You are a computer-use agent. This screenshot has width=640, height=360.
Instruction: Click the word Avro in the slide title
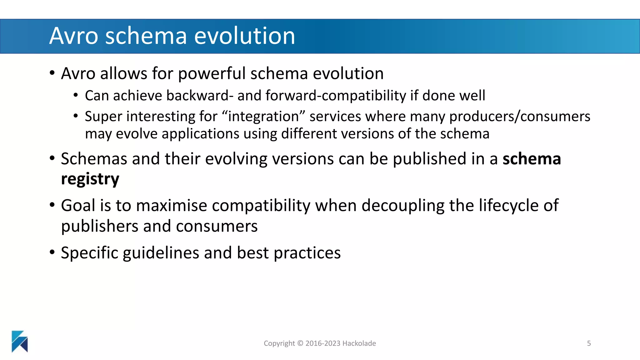pos(74,36)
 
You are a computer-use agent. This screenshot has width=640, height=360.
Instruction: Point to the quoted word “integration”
pos(263,117)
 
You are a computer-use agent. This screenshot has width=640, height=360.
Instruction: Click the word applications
pos(200,134)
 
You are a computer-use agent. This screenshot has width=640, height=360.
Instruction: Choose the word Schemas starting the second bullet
pos(94,159)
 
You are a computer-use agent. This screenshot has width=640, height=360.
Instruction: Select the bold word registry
pos(90,179)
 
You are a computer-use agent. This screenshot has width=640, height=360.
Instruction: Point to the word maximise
pos(172,206)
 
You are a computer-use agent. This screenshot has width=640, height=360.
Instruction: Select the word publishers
pos(99,226)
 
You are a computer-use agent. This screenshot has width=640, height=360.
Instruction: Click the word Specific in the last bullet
pos(89,253)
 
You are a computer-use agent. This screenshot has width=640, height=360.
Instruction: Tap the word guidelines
pos(161,253)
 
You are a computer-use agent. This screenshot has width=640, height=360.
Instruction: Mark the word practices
pos(307,253)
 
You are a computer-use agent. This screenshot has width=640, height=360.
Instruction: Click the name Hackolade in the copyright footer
pos(359,343)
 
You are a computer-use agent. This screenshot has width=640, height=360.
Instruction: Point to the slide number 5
pos(589,343)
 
